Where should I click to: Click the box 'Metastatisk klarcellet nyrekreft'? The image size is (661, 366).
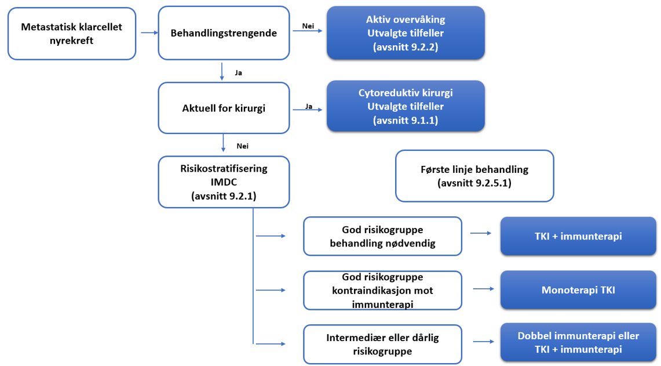[x=71, y=34]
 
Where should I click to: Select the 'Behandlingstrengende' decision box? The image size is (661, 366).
[x=224, y=33]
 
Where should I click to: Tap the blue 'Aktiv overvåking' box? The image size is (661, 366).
[x=406, y=33]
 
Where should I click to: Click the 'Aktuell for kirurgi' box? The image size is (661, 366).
[x=224, y=108]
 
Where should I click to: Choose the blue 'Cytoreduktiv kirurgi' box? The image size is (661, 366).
[x=406, y=107]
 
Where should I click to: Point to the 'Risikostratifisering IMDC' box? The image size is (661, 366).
[x=224, y=182]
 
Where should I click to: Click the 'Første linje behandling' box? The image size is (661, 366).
[x=474, y=175]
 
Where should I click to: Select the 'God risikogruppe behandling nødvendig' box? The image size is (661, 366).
[x=382, y=236]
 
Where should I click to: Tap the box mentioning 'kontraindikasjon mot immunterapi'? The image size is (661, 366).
[x=382, y=290]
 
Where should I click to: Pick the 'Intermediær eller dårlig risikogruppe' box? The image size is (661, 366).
[x=382, y=344]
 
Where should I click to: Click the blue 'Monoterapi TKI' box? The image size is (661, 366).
[x=578, y=289]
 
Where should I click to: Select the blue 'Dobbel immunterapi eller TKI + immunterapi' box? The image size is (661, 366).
[x=578, y=343]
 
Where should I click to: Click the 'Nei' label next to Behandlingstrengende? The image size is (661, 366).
[x=308, y=26]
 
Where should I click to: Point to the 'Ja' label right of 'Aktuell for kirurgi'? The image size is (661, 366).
[x=309, y=106]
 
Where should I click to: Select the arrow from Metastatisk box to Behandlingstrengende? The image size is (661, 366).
[x=149, y=33]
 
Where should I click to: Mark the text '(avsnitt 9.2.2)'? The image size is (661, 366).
[x=406, y=47]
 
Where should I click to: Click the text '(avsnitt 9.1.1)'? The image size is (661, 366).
[x=406, y=120]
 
